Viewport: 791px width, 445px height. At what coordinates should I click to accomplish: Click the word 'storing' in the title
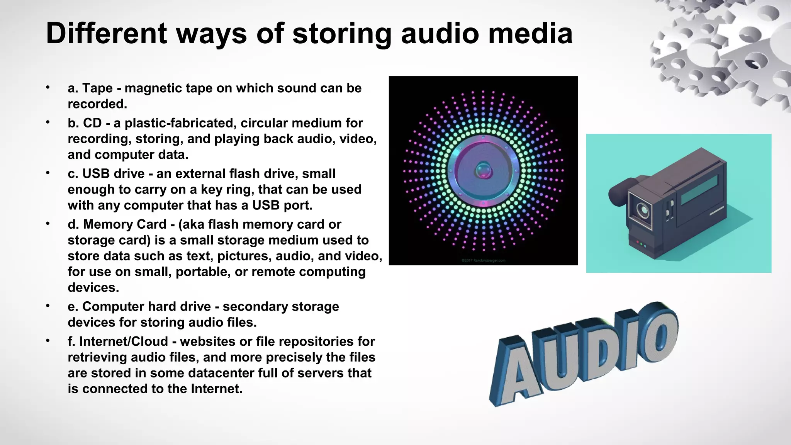341,34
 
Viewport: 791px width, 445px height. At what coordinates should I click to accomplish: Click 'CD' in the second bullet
92,123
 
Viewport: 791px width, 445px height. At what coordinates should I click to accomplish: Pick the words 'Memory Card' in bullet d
124,224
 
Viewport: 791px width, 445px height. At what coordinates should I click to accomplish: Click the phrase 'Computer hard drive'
146,306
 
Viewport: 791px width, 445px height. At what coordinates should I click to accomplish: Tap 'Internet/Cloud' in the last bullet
124,341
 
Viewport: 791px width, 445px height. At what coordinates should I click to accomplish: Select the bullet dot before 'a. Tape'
48,87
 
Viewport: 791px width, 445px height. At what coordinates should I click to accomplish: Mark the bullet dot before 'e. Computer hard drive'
48,306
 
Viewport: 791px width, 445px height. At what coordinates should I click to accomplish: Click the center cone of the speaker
483,170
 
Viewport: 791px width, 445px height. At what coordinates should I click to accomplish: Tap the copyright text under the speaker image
483,261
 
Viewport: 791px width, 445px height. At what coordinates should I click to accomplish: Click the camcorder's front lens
642,210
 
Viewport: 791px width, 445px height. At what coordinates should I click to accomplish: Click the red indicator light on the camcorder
637,242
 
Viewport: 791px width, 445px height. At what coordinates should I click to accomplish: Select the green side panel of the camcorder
699,190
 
